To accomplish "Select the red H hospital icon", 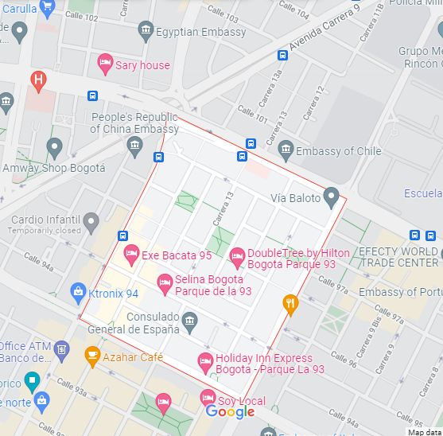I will click(x=37, y=80).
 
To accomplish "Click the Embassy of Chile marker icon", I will click(x=286, y=149).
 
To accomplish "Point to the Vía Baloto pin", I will click(x=332, y=196).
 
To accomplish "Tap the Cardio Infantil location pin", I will click(x=91, y=221).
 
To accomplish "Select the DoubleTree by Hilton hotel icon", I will click(x=236, y=255).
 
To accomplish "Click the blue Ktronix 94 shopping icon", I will click(x=78, y=292).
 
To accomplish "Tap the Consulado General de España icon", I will click(x=189, y=322).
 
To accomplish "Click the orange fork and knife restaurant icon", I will click(x=291, y=302).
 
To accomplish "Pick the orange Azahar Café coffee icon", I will click(x=92, y=356).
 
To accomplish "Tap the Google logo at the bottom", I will click(x=230, y=411).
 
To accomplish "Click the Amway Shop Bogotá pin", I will click(x=54, y=147).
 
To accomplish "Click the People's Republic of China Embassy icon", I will click(x=134, y=145).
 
